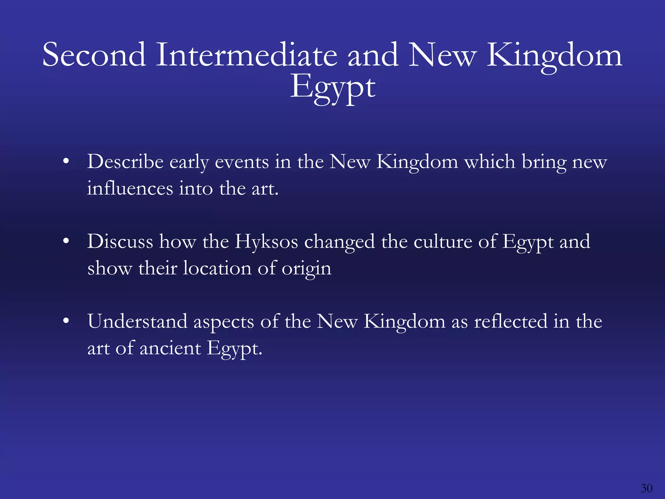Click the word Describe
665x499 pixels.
coord(125,161)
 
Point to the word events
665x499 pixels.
coord(242,162)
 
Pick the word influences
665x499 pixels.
coord(130,188)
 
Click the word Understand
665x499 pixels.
coord(137,321)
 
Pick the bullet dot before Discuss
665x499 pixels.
coord(66,241)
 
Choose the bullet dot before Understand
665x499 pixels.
coord(66,321)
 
